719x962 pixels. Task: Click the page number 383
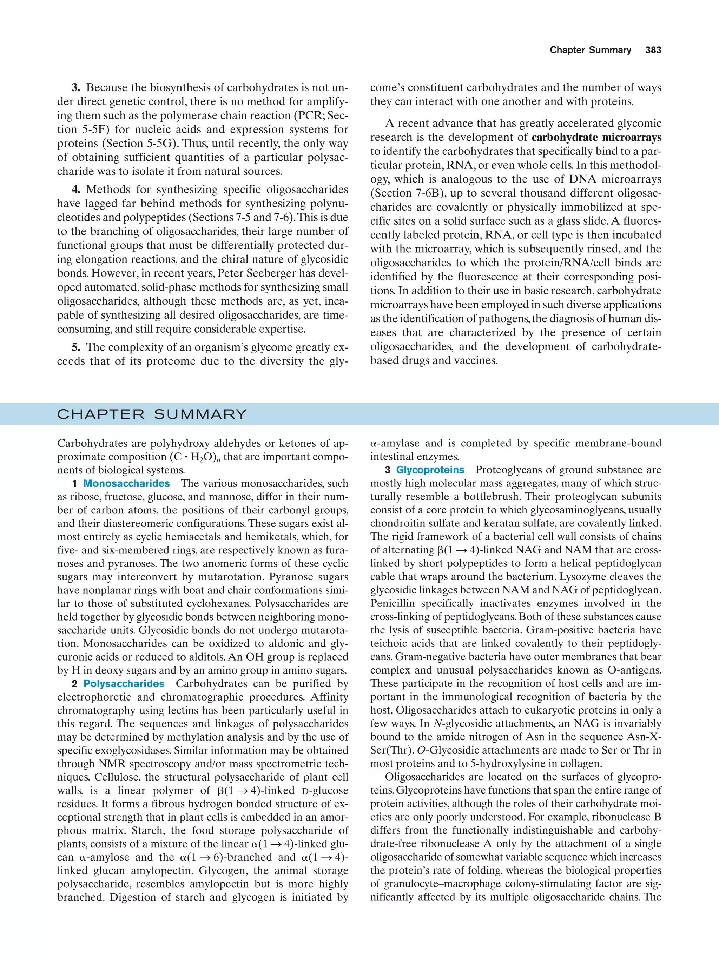pyautogui.click(x=653, y=50)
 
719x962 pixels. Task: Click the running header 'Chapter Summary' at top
pyautogui.click(x=590, y=50)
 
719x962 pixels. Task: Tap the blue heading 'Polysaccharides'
pyautogui.click(x=124, y=684)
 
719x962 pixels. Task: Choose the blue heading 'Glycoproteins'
pyautogui.click(x=430, y=470)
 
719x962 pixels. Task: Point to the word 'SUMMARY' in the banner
pyautogui.click(x=200, y=414)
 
